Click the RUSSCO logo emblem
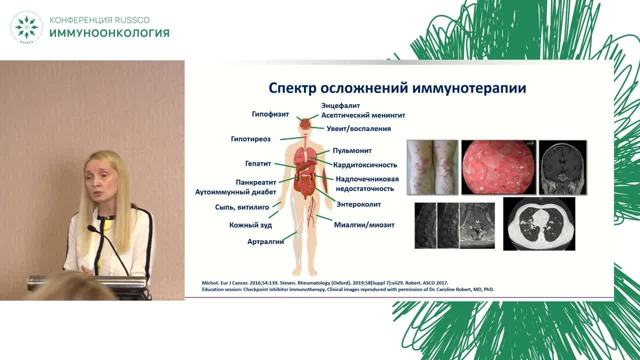pos(26,27)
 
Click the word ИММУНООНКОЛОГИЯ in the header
pos(109,33)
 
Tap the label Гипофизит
pos(270,114)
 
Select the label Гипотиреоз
pos(250,139)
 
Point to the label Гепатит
pos(258,163)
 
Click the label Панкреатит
pos(256,182)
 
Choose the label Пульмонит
pos(352,150)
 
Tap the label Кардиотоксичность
pos(365,164)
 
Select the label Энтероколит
pos(358,204)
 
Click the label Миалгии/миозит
pos(364,225)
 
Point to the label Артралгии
pos(265,241)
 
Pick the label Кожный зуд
pos(250,225)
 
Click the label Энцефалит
pos(340,105)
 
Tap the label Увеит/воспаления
pos(358,128)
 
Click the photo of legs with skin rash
pos(432,167)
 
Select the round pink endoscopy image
pos(498,167)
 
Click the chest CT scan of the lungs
pos(538,223)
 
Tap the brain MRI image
pos(562,167)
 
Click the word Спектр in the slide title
pos(292,88)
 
